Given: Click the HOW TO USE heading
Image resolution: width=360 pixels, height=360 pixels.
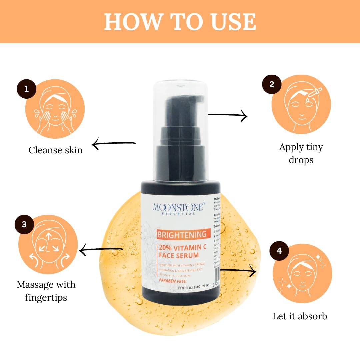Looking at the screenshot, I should (180, 22).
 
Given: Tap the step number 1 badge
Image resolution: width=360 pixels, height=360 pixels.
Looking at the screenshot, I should (26, 89).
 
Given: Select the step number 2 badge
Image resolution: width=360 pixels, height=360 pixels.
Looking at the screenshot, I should (272, 84).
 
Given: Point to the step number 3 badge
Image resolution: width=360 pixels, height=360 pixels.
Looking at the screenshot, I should (24, 224).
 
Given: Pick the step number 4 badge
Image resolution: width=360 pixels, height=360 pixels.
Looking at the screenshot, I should (279, 251).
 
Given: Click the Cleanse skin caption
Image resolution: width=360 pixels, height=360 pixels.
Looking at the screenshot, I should (55, 150).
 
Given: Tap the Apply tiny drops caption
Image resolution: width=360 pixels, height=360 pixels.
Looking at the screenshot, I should (301, 153).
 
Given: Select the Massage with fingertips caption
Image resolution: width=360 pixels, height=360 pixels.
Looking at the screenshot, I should (46, 291).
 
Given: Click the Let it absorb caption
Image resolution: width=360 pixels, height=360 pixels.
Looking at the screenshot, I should (300, 316).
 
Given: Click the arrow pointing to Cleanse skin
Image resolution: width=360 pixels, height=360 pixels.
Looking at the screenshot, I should (113, 144).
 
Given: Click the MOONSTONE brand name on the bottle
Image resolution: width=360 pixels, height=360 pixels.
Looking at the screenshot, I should (178, 207).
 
